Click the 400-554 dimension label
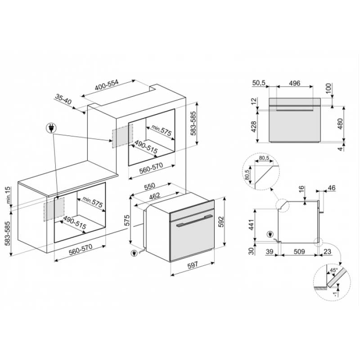[107, 85]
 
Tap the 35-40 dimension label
[63, 99]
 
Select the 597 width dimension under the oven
[193, 265]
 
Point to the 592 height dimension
[221, 221]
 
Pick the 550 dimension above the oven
[149, 186]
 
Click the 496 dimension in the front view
[295, 83]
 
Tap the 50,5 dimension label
[259, 83]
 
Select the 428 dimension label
[254, 127]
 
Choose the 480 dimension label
[340, 123]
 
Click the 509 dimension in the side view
[299, 252]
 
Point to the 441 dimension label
[252, 225]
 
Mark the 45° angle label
[333, 270]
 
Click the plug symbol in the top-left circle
[51, 128]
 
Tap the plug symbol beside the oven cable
[134, 253]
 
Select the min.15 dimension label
[8, 195]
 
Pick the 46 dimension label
[332, 188]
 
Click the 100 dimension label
[328, 88]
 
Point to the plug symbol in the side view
[270, 234]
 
